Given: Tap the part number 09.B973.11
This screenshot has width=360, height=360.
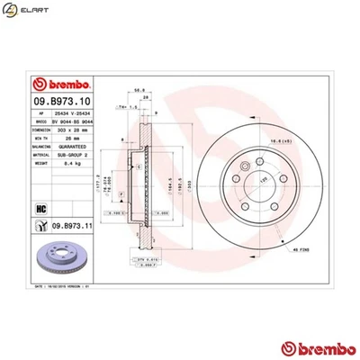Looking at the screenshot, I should pos(75,225).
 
